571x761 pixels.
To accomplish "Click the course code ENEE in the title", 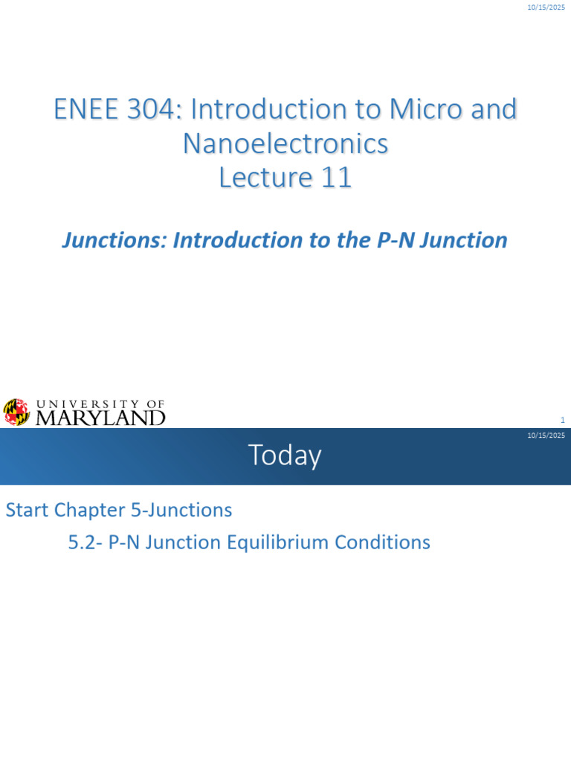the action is pos(86,109).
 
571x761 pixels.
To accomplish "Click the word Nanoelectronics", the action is pos(285,143).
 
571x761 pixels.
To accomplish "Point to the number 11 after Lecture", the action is pos(336,178).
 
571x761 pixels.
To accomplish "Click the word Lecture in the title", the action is pos(266,178).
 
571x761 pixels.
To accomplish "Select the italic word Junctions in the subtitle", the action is pos(114,240).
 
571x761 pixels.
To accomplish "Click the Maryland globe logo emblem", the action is pos(16,412).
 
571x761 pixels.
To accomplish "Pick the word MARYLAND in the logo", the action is pos(100,418).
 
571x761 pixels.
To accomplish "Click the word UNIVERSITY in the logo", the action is pos(88,404).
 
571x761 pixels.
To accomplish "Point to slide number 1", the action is pos(563,421).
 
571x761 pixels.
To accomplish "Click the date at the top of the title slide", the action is pos(546,7).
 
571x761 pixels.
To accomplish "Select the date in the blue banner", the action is pos(546,435).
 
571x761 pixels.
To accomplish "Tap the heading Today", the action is pos(285,456).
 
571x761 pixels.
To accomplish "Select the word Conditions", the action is pos(383,542).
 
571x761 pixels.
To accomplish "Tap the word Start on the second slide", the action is pos(27,511).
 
